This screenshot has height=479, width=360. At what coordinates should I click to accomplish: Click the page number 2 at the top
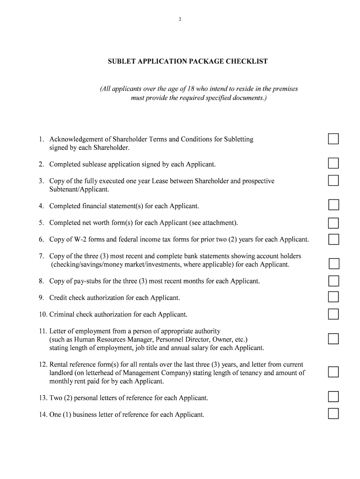[180, 19]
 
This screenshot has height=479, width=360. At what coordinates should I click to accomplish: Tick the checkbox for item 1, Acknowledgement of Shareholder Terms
[333, 139]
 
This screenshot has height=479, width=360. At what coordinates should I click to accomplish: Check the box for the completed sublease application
[333, 163]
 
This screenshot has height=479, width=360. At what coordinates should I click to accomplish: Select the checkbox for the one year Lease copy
[333, 181]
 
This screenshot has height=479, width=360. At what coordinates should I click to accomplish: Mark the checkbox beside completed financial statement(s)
[333, 205]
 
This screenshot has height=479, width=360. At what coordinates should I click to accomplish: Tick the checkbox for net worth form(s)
[333, 223]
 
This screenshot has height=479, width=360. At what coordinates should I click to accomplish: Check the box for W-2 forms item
[333, 239]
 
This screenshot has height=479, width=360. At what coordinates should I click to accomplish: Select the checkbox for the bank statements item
[334, 264]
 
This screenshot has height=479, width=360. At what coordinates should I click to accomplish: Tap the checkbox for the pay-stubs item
[333, 281]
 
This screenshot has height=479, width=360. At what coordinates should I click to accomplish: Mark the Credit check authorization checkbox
[333, 297]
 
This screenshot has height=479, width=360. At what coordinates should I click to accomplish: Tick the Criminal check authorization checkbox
[333, 314]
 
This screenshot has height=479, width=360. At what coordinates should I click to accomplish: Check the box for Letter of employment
[333, 339]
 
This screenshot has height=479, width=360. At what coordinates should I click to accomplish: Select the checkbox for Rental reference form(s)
[333, 372]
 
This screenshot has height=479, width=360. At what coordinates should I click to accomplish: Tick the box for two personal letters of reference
[333, 397]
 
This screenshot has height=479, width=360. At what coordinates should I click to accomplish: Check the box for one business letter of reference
[333, 414]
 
